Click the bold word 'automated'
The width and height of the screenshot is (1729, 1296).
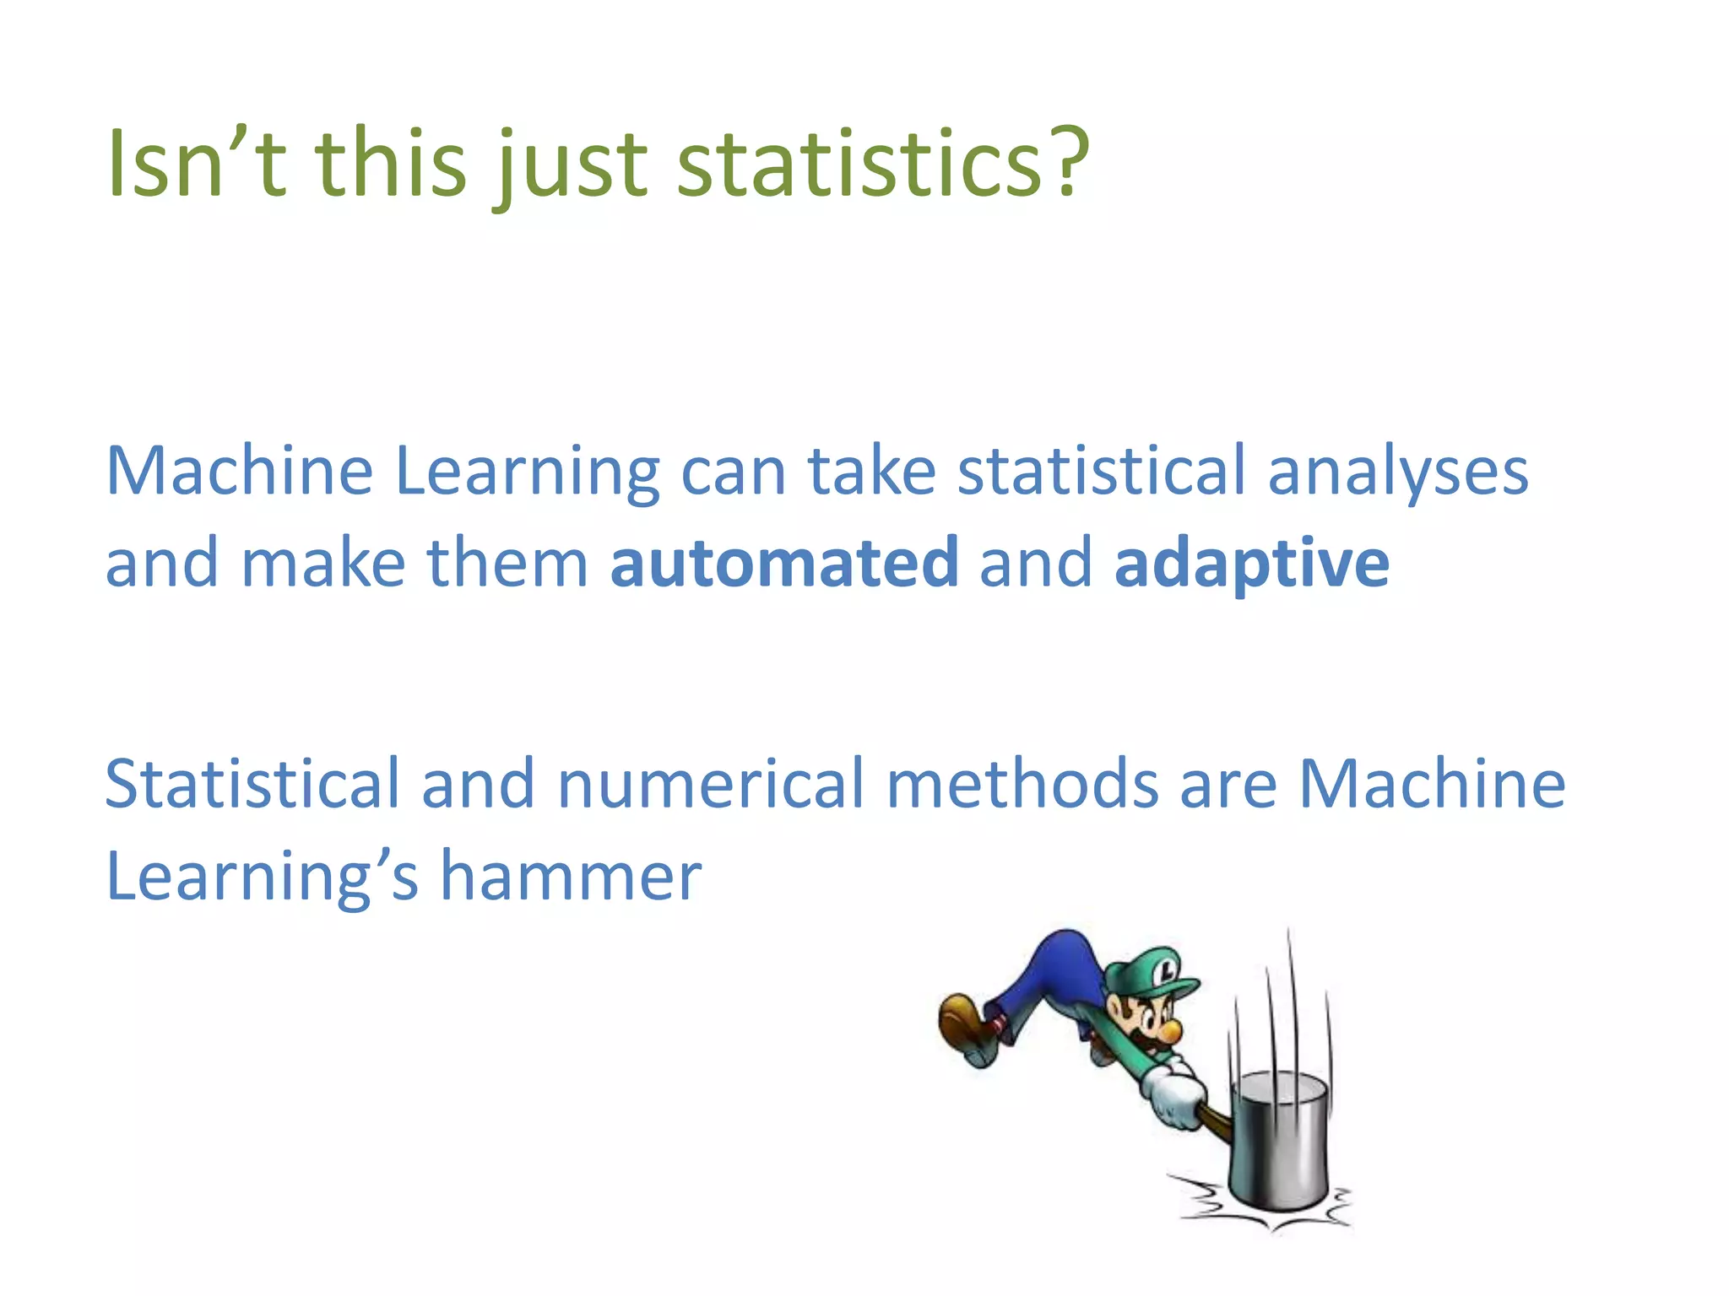click(784, 563)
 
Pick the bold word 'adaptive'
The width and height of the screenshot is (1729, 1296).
click(1251, 563)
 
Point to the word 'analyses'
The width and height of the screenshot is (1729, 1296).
click(1398, 472)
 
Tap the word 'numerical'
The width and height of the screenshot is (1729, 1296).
click(711, 785)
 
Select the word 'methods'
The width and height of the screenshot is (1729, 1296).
click(1022, 785)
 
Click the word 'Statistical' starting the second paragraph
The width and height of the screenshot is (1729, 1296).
click(252, 785)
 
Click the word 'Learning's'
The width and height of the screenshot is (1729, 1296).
click(262, 877)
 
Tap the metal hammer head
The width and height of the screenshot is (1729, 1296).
click(1280, 1139)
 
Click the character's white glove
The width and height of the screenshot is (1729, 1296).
click(1178, 1097)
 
